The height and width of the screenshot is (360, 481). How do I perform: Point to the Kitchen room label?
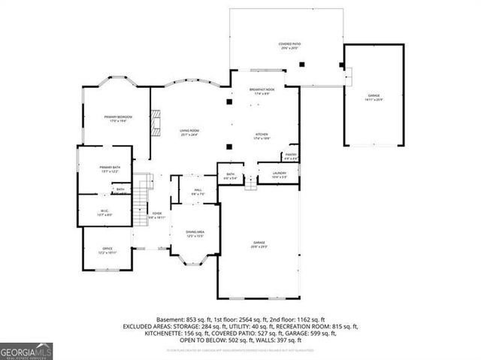point(261,135)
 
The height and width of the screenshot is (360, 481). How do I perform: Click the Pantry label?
point(291,155)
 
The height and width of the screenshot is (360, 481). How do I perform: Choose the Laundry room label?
point(269,174)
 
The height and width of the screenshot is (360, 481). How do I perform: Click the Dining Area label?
point(195,234)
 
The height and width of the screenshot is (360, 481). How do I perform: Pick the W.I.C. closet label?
point(105,211)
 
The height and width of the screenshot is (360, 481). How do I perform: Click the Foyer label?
point(157,214)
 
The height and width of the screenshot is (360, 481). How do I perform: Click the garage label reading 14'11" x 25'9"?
point(374,97)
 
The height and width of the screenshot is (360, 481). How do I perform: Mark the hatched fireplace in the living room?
point(156,123)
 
